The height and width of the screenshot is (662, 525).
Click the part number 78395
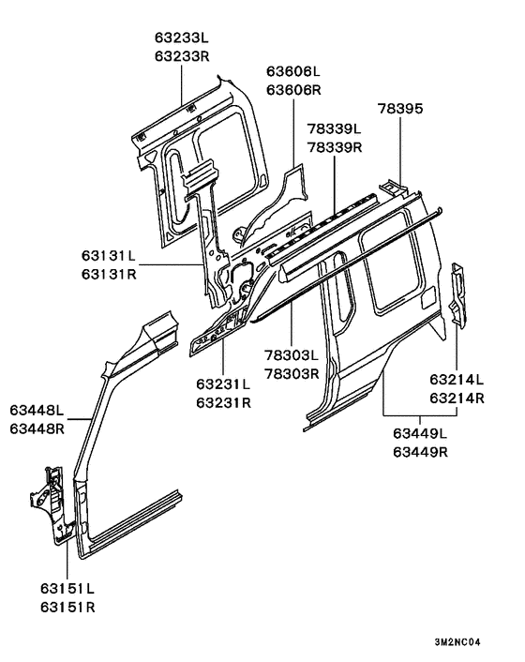(400, 109)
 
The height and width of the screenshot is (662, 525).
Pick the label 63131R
(108, 274)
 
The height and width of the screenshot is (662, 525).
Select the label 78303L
(292, 357)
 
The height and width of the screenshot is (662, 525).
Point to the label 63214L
(457, 381)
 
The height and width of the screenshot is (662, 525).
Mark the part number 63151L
(67, 589)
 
